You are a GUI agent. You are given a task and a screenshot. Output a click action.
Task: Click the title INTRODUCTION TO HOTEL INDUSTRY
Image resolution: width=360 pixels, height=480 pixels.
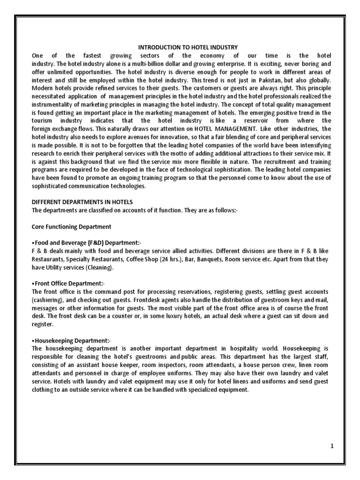[x=187, y=47]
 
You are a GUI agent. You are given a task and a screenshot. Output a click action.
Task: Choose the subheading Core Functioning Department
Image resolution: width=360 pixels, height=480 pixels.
[x=71, y=226]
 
